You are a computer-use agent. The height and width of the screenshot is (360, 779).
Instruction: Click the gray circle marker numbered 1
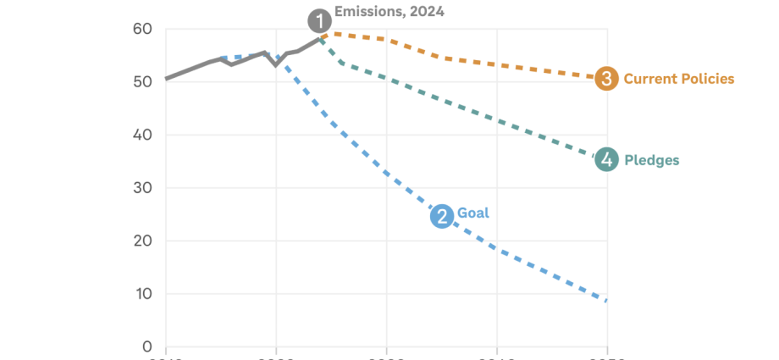pos(319,19)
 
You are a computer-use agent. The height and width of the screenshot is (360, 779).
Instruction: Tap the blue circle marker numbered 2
pos(442,216)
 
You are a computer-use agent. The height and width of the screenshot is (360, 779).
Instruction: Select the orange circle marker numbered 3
pos(606,79)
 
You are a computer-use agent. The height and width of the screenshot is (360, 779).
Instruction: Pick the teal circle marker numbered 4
pos(606,159)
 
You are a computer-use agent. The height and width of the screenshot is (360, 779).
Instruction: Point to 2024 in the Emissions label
pos(427,12)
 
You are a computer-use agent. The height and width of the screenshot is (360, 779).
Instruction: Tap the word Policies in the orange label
pos(707,79)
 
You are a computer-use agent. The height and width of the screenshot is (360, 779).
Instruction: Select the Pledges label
pos(651,159)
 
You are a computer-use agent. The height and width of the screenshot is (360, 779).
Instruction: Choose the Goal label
pos(473,213)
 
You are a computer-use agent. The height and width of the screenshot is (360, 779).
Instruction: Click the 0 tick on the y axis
pos(146,346)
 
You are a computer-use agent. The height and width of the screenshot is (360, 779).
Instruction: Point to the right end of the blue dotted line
pos(606,301)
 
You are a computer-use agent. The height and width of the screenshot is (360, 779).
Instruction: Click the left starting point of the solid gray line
pos(166,79)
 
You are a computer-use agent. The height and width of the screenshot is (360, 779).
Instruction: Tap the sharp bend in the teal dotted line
pos(340,62)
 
